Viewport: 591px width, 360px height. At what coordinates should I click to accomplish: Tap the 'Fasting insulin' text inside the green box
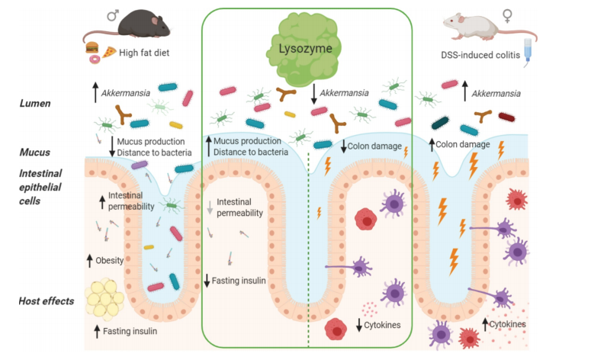click(239, 281)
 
